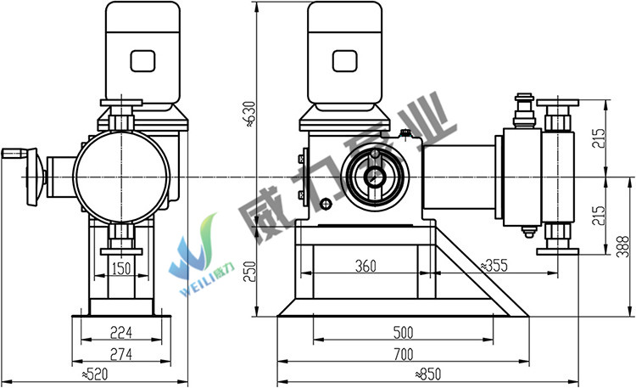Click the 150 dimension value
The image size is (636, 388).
(x=121, y=268)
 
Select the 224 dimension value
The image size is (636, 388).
(x=121, y=333)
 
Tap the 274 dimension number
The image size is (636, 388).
(x=121, y=354)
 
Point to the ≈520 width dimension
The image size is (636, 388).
(x=95, y=374)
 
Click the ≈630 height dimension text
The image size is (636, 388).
(x=251, y=114)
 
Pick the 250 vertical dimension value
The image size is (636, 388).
(x=251, y=272)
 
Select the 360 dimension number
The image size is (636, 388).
(x=365, y=266)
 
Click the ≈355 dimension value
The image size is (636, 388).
(x=494, y=266)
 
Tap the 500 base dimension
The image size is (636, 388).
(x=403, y=333)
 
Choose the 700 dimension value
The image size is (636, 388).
(x=403, y=354)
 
